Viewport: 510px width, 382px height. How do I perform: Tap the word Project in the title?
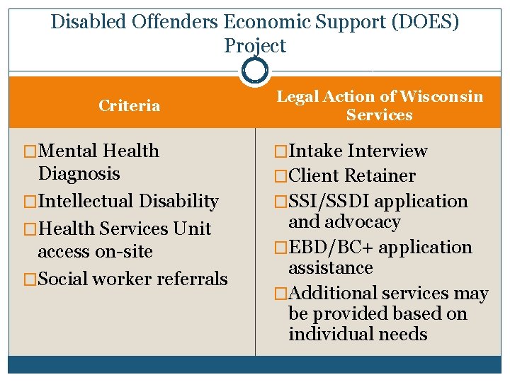[x=255, y=46]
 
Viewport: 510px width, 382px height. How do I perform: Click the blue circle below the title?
[x=255, y=70]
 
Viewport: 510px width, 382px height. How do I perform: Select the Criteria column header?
[x=129, y=106]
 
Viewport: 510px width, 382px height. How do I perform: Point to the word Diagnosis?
[x=79, y=173]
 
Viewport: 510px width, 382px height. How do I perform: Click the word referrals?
[x=189, y=279]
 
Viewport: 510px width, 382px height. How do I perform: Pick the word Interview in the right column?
[x=387, y=151]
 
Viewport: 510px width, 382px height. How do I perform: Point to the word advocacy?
[x=363, y=222]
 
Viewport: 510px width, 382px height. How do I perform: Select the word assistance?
[x=330, y=268]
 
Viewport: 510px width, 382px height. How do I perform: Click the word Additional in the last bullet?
[x=334, y=294]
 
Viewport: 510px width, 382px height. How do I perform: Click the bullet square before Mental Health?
[x=30, y=151]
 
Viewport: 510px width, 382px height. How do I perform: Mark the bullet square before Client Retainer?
[x=282, y=176]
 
